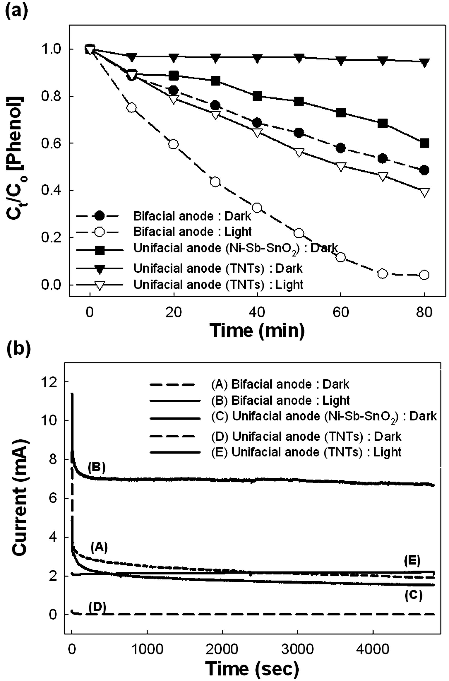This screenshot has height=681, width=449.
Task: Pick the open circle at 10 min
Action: click(x=131, y=108)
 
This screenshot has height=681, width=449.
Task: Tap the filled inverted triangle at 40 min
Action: click(x=257, y=59)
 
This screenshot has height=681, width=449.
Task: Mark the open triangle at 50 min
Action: click(x=299, y=153)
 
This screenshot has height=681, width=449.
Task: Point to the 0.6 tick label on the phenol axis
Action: click(x=50, y=143)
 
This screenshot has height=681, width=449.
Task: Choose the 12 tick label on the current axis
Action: click(x=54, y=382)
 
